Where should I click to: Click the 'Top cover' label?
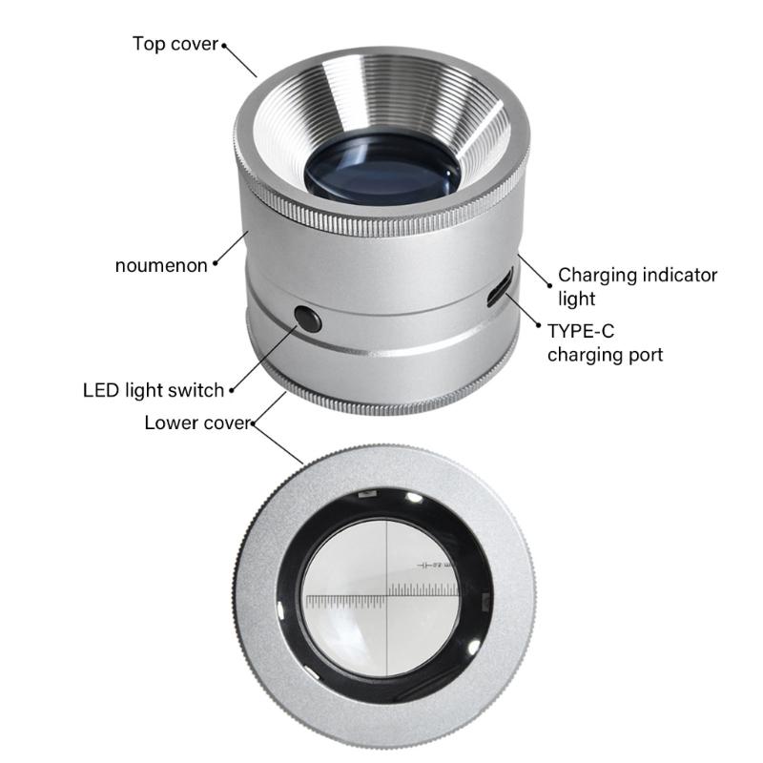tap(175, 44)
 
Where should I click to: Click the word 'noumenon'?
tap(160, 265)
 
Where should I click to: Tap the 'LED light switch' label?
tap(154, 389)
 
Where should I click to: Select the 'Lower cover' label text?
tap(196, 423)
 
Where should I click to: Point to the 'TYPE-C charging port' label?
tap(605, 343)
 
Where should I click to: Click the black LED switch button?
tap(306, 319)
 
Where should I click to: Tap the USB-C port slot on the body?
tap(500, 288)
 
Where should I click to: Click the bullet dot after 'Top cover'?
tap(224, 44)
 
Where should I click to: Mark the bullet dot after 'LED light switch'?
tap(231, 389)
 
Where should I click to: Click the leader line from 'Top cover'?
tap(241, 60)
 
